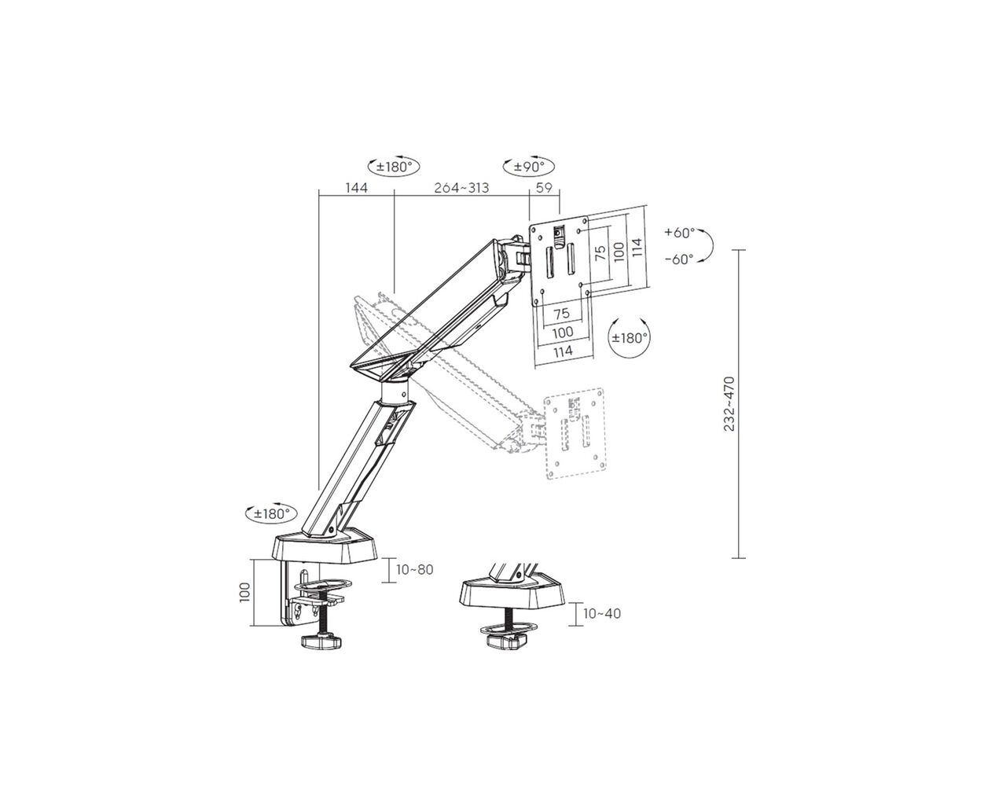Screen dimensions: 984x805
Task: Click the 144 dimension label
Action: [x=356, y=188]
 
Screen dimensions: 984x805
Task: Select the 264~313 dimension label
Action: [x=461, y=188]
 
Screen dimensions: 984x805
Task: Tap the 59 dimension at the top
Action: [x=544, y=188]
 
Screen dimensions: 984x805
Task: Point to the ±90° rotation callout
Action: [x=529, y=166]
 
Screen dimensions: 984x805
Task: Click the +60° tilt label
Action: [x=680, y=232]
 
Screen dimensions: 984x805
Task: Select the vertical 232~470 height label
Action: [x=729, y=404]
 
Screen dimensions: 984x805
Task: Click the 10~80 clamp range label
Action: [x=414, y=569]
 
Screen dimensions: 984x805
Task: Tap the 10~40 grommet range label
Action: [x=602, y=613]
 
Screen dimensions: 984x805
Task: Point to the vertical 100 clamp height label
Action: [x=244, y=592]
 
